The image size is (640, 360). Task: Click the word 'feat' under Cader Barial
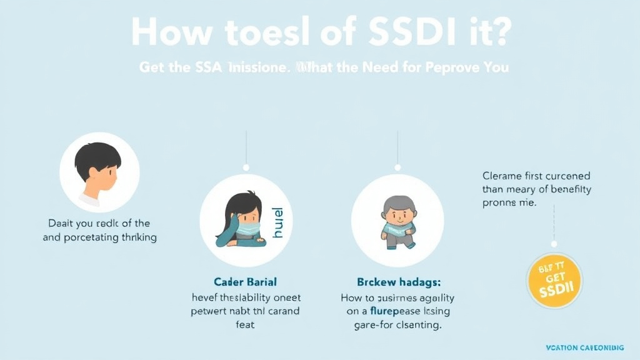coord(245,324)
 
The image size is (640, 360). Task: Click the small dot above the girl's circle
coord(246,167)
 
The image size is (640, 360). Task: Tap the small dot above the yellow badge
coord(554,244)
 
